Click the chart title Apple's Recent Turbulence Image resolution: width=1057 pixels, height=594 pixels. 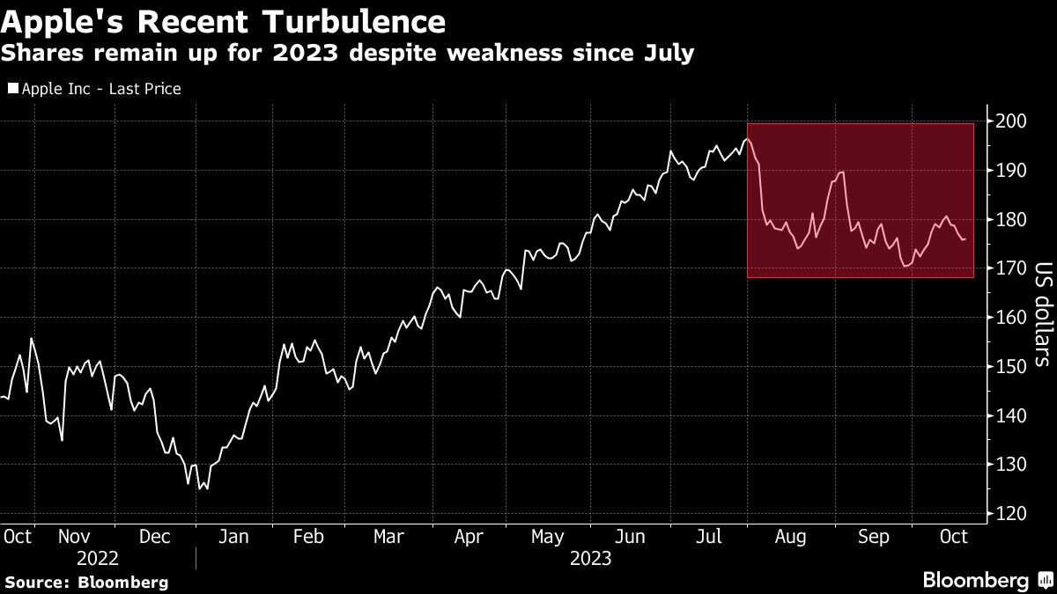(x=223, y=21)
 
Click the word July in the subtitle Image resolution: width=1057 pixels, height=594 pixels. (x=669, y=54)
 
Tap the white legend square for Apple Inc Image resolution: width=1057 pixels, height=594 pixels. (x=13, y=88)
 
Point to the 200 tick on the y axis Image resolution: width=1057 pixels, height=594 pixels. (x=1011, y=121)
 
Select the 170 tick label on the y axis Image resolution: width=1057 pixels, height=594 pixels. (x=1011, y=268)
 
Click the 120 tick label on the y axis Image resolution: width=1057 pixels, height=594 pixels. (x=1011, y=513)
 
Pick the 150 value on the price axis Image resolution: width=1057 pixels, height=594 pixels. (x=1011, y=366)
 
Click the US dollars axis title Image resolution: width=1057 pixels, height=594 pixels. (x=1043, y=314)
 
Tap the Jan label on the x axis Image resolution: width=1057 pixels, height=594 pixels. (x=233, y=537)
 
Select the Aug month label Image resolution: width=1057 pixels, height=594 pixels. (x=790, y=537)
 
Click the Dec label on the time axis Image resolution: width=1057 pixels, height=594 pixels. (x=154, y=537)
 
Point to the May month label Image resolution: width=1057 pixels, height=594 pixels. (x=547, y=537)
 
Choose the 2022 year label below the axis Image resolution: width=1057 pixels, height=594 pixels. (x=97, y=559)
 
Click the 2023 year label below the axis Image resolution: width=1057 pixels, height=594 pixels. (x=590, y=559)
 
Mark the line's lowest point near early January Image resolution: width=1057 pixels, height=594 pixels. (x=199, y=489)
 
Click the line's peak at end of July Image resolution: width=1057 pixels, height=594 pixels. (x=747, y=139)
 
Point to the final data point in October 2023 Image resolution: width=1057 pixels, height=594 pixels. (x=965, y=239)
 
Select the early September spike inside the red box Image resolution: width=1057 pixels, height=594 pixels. (x=841, y=172)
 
